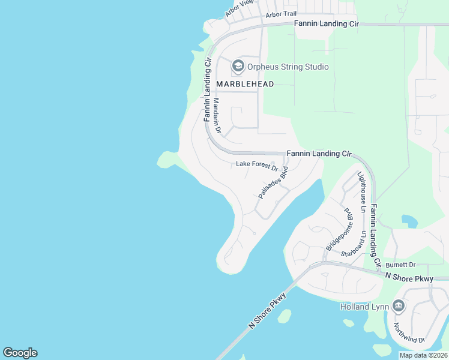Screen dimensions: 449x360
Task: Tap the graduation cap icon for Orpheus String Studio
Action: point(238,66)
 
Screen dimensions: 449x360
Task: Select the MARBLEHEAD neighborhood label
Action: point(245,84)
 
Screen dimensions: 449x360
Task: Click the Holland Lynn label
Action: point(366,307)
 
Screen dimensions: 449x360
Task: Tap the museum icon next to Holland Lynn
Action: point(398,306)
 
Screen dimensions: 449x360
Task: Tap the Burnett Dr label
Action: point(400,265)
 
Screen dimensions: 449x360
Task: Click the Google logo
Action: point(20,353)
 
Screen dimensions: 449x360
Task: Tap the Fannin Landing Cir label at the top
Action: point(326,23)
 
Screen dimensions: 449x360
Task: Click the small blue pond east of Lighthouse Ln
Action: point(409,221)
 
